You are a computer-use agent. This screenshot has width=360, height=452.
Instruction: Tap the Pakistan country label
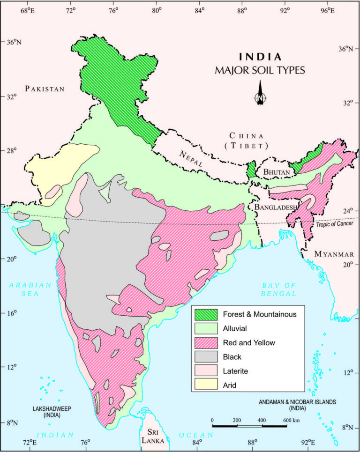45,89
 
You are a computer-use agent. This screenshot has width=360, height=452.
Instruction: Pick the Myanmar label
333,254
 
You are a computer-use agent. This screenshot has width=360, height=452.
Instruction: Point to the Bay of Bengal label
279,289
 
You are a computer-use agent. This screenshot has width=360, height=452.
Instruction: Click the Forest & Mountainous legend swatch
205,314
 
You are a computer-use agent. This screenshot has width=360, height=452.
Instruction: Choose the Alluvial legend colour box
205,328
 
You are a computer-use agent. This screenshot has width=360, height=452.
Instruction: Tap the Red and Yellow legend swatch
205,342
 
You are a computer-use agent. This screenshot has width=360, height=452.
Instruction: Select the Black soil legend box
205,356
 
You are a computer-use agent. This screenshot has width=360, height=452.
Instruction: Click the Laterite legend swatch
205,370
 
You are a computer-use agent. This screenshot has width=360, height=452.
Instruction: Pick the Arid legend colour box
205,385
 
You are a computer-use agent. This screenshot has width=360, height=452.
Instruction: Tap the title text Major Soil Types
260,71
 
